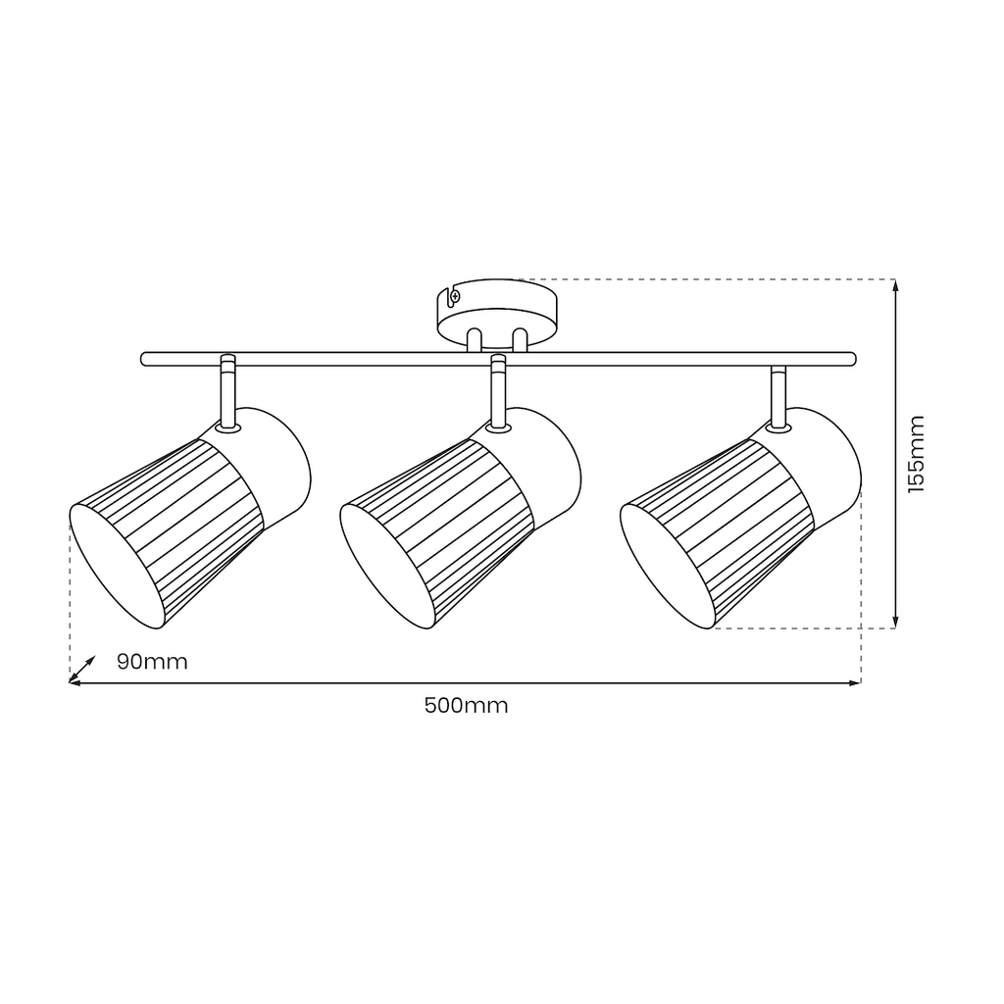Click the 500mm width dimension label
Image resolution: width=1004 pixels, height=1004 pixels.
point(466,706)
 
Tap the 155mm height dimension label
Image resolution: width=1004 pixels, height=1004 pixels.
point(917,454)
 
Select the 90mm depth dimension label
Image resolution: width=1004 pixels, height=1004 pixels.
point(152,662)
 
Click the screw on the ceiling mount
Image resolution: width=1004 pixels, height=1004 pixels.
point(455,296)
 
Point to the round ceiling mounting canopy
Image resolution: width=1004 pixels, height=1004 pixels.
point(497,314)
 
